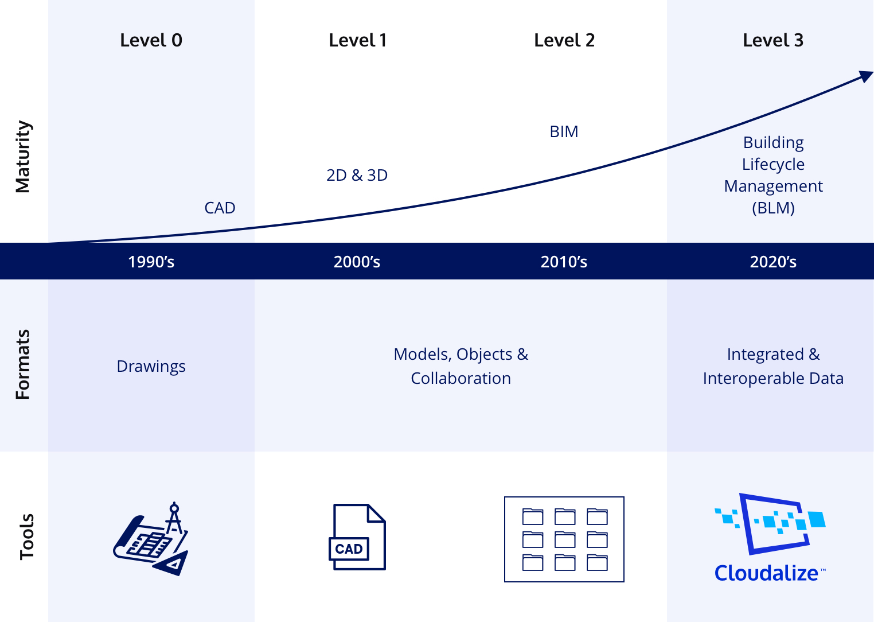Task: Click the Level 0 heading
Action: click(x=151, y=40)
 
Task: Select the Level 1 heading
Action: click(x=357, y=40)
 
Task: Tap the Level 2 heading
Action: click(x=564, y=40)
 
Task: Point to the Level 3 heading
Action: click(x=773, y=40)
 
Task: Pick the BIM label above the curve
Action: click(x=564, y=132)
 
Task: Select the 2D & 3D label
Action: click(x=357, y=176)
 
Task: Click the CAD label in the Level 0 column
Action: click(x=220, y=208)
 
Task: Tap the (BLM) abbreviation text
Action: click(x=773, y=208)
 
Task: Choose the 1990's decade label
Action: click(x=151, y=262)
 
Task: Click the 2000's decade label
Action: click(x=357, y=262)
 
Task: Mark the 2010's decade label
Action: click(x=564, y=262)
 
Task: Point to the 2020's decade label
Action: click(x=773, y=262)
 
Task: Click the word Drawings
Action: click(x=151, y=367)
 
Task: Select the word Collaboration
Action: click(x=461, y=378)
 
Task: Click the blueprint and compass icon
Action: click(x=151, y=539)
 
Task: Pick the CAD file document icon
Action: click(x=357, y=537)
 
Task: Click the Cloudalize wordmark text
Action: click(x=767, y=573)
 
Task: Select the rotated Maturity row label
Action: click(x=22, y=157)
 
